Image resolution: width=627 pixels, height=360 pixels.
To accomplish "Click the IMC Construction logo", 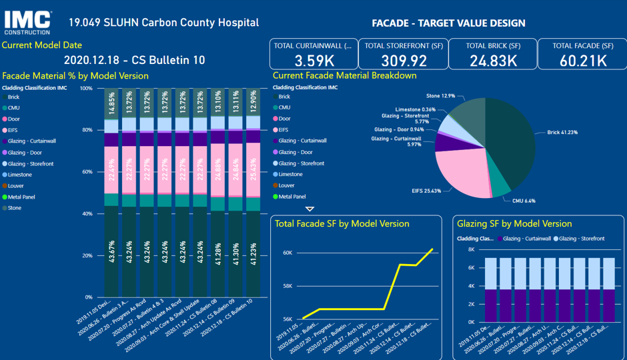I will point(27,21).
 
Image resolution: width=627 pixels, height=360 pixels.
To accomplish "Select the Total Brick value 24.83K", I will point(494,60).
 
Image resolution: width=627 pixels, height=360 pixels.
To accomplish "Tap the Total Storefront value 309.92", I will point(403,60).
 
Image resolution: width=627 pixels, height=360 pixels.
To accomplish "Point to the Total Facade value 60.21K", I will point(583,60).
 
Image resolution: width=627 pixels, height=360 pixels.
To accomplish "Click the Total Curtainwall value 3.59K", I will point(313,60).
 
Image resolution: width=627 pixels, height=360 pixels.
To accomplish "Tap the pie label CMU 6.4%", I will point(524,201).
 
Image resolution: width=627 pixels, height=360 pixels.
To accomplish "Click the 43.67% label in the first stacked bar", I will point(111,253).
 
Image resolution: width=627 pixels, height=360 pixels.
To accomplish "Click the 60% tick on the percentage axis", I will point(87,172).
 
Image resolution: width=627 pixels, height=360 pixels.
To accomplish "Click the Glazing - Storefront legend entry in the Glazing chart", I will point(582,239).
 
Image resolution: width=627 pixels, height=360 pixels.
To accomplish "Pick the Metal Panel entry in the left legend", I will point(21,197).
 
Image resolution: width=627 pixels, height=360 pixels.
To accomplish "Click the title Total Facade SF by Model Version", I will point(342,223).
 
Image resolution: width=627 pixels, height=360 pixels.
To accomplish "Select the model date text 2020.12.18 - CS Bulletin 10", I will point(134,60).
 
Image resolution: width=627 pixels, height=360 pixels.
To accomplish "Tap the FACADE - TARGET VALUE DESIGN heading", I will point(448,23).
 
